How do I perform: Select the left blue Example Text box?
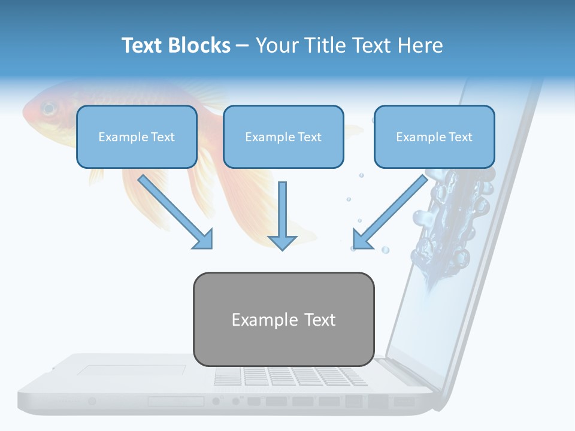click(137, 137)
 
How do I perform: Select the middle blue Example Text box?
click(283, 137)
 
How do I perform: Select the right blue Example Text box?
click(434, 137)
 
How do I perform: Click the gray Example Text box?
click(283, 320)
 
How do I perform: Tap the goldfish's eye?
click(48, 109)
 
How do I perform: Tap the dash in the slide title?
click(243, 46)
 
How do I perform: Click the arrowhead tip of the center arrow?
click(282, 249)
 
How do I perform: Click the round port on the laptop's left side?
click(92, 401)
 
